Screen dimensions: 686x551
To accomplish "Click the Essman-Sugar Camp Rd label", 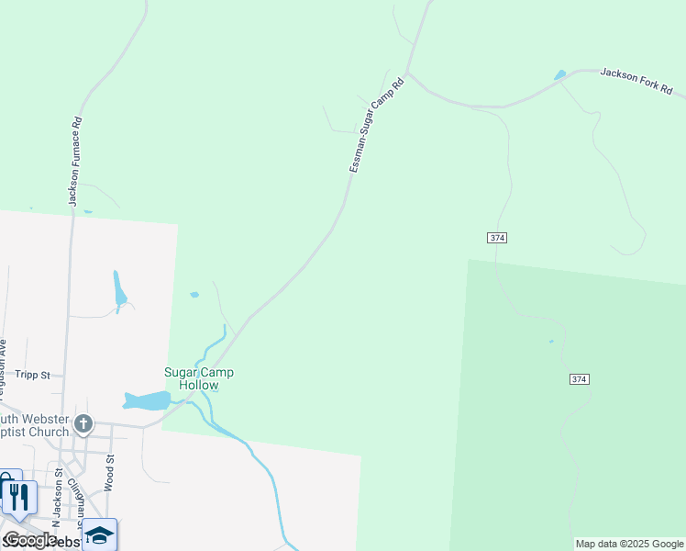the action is tap(376, 126).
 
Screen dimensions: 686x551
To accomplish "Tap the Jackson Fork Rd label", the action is tap(636, 82).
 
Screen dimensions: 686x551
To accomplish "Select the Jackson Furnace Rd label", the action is tap(75, 160).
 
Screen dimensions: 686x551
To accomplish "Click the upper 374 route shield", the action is tap(496, 238).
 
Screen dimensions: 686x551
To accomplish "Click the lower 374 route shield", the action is tap(578, 378).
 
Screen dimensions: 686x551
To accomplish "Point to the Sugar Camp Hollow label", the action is tap(198, 378).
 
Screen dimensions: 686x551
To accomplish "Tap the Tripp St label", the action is tap(32, 375).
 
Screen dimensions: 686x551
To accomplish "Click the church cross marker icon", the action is tap(83, 423).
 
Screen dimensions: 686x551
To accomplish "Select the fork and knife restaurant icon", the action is tap(18, 497).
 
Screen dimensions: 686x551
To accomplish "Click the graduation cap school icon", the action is tap(99, 534).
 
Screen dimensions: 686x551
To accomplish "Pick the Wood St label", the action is tap(108, 472).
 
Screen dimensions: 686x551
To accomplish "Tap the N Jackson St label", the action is tap(58, 496).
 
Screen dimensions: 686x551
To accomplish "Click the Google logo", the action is tap(29, 540).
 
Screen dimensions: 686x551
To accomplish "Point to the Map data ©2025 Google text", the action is tap(629, 544).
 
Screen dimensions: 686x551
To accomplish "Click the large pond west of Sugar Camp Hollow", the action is tap(148, 400).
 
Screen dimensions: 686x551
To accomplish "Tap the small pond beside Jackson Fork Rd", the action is tap(559, 74).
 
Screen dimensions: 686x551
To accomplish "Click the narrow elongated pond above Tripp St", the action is tap(119, 289).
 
